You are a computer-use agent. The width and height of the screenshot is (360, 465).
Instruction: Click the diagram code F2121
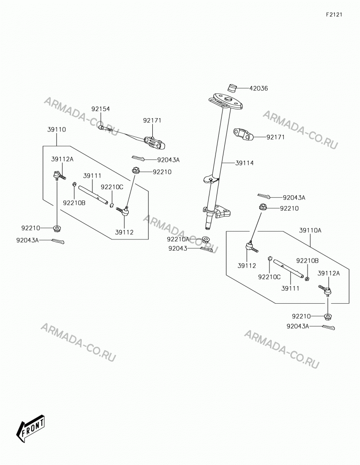tap(334, 14)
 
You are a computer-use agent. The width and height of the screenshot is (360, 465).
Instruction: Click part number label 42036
tap(258, 88)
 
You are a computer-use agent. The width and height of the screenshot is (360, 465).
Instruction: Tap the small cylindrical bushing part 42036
tap(232, 88)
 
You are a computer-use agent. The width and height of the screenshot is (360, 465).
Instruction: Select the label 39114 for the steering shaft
tap(244, 163)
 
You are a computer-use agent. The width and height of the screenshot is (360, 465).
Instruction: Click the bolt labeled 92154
tap(105, 128)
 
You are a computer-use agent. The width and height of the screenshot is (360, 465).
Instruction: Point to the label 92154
tap(100, 109)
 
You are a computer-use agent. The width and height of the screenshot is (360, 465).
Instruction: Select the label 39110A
tap(310, 230)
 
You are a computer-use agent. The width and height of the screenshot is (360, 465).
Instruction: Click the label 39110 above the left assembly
tap(56, 130)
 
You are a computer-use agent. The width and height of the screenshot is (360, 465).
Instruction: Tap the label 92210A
tap(178, 239)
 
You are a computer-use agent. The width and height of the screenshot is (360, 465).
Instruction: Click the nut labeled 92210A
tap(205, 239)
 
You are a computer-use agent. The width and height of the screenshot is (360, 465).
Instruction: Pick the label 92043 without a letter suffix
tap(178, 248)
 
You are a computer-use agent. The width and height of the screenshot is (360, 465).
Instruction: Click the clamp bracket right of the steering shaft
tap(244, 134)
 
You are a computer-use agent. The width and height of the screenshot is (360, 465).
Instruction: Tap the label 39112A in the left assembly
tap(62, 159)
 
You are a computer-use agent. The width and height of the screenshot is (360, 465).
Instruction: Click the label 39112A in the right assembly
tap(328, 273)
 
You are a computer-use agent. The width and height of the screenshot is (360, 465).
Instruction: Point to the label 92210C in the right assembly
tap(269, 277)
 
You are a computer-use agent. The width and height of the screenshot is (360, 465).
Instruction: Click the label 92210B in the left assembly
tap(74, 203)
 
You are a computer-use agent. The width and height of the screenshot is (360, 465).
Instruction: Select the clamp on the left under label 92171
tap(155, 143)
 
